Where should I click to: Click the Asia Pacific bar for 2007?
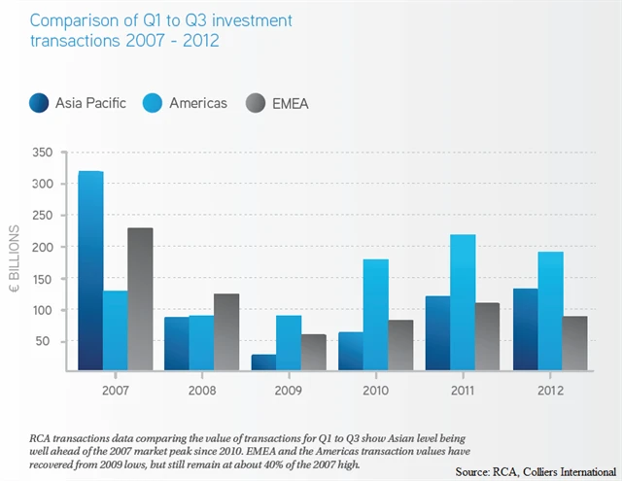click(x=90, y=271)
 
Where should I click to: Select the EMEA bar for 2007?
click(x=140, y=299)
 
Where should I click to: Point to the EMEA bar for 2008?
click(x=226, y=332)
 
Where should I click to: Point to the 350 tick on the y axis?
click(x=41, y=153)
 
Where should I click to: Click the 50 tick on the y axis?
click(x=45, y=341)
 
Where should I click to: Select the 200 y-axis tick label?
click(x=41, y=247)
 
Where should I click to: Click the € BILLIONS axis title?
click(x=15, y=261)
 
